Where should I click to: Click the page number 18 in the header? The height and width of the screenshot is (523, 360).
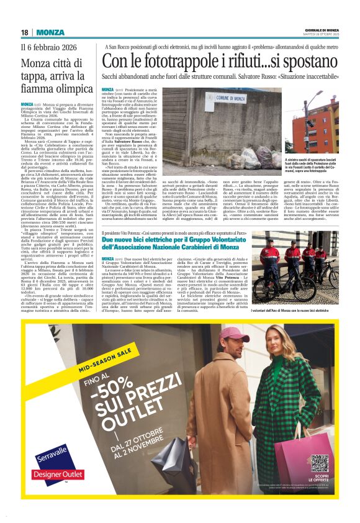coord(25,32)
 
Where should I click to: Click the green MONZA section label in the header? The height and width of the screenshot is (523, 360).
coord(50,32)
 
